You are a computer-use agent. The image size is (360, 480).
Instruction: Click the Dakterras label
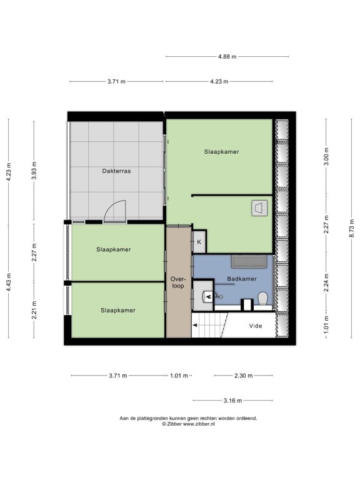click(x=116, y=171)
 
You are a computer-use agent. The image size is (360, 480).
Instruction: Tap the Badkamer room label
click(x=242, y=279)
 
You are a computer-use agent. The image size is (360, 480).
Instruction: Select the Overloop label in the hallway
click(x=178, y=282)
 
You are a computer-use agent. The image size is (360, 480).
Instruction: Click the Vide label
click(x=255, y=326)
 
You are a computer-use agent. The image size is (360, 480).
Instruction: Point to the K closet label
click(x=199, y=242)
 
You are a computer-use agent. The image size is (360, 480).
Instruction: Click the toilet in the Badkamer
click(x=263, y=299)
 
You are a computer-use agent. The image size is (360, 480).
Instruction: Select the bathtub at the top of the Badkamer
click(x=249, y=261)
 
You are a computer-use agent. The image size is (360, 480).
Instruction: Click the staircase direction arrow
click(x=195, y=326)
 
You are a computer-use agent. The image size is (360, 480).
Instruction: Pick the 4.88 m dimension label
click(x=227, y=57)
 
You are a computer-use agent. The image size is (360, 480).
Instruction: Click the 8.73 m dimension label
click(x=352, y=228)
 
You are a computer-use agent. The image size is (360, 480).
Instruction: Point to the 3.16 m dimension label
click(x=232, y=401)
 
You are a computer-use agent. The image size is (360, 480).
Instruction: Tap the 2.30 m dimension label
click(x=244, y=376)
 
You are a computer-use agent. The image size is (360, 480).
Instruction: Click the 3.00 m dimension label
click(x=326, y=156)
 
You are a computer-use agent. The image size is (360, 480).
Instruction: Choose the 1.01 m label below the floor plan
click(x=179, y=376)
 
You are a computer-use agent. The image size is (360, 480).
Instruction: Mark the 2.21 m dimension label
click(x=34, y=310)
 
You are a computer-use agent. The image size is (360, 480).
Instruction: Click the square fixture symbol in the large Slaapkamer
click(x=259, y=208)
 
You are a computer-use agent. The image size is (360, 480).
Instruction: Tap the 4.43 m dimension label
click(x=9, y=282)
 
